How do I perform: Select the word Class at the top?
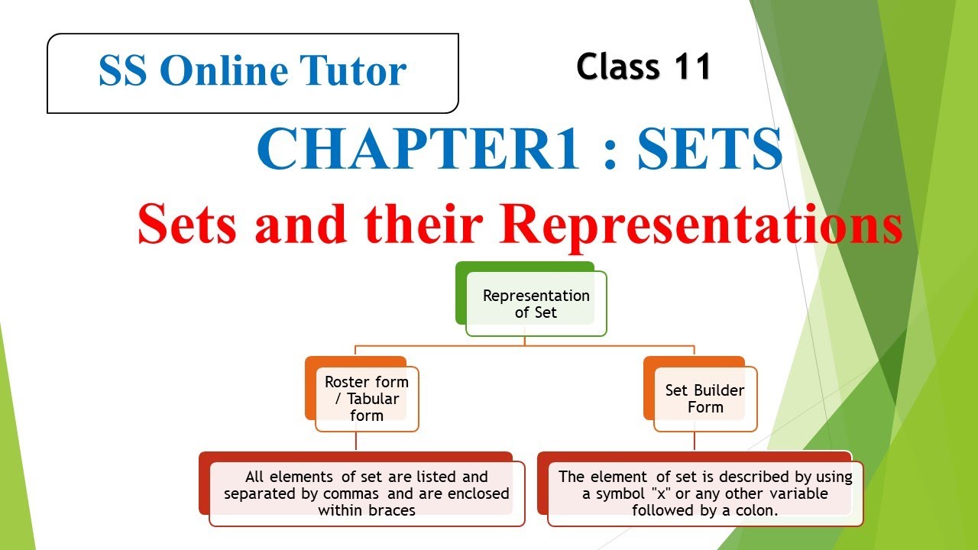tap(618, 67)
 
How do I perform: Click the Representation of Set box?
tap(536, 304)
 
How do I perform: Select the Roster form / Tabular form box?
tap(367, 399)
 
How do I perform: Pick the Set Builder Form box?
tap(704, 399)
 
